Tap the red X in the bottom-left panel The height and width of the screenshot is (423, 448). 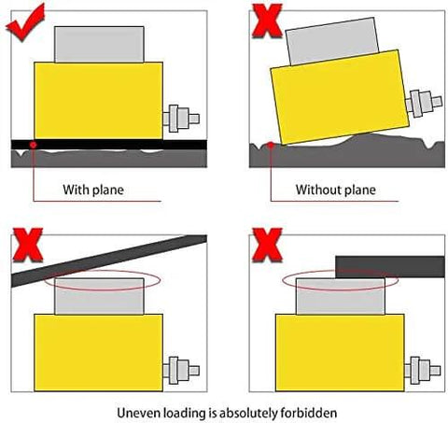click(x=26, y=247)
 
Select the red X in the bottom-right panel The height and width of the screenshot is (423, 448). click(x=268, y=247)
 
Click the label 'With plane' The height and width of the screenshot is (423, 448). click(x=93, y=190)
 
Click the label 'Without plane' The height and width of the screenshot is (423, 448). click(x=335, y=190)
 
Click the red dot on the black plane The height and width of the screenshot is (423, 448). click(x=34, y=145)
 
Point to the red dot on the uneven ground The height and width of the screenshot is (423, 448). click(x=271, y=145)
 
